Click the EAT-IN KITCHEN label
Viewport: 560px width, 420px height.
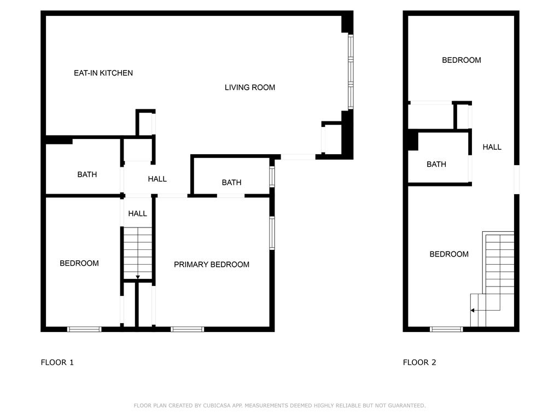(103, 73)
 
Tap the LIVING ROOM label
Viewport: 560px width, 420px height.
(250, 87)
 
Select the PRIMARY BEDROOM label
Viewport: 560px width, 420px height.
(212, 265)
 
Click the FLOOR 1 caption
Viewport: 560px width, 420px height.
(57, 362)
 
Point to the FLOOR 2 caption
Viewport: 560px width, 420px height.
(419, 362)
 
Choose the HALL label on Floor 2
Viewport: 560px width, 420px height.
(492, 147)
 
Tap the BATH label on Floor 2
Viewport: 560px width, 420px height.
(436, 164)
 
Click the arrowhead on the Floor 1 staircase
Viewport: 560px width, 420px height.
(138, 277)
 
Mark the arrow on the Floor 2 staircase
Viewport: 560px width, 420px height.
(472, 310)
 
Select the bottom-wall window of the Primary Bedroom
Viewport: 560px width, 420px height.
(187, 329)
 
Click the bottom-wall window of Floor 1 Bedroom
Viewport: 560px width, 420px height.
(84, 329)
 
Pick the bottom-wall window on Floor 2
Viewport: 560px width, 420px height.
(446, 329)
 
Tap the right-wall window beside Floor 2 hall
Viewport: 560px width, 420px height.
(517, 179)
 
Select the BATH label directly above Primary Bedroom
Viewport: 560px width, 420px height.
(231, 183)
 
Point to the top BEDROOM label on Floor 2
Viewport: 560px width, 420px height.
(462, 60)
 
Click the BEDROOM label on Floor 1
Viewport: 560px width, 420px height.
(79, 264)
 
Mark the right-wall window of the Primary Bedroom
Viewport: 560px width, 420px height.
(272, 234)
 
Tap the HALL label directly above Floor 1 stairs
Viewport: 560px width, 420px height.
(138, 213)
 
